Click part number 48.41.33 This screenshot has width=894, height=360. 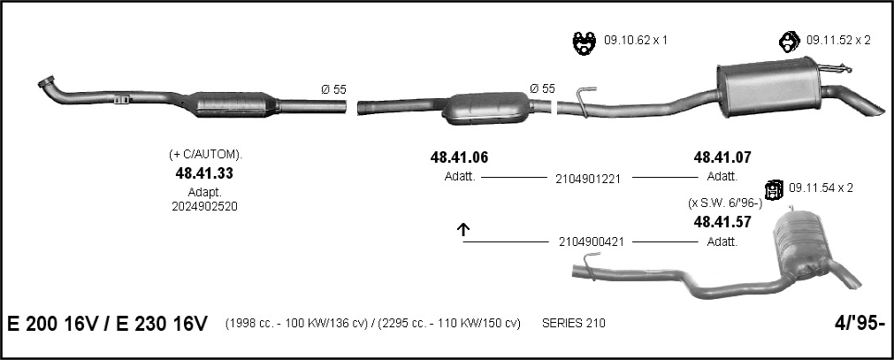click(x=204, y=172)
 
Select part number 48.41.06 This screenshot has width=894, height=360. click(x=460, y=157)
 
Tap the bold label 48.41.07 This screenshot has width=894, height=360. click(x=722, y=157)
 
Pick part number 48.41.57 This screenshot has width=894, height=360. click(x=722, y=223)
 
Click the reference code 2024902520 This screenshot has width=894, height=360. click(x=204, y=207)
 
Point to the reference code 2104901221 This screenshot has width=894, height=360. click(x=588, y=179)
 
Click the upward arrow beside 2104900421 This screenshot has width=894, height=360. click(x=463, y=229)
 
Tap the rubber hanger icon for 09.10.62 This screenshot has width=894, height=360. click(x=584, y=42)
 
